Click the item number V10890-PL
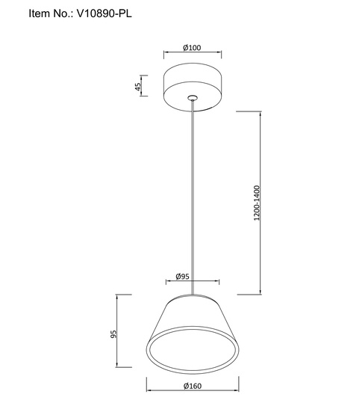click(x=104, y=13)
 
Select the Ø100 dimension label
click(x=192, y=48)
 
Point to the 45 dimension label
click(x=137, y=87)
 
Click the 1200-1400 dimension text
click(x=256, y=203)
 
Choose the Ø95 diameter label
click(x=183, y=277)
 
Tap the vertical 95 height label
click(x=113, y=334)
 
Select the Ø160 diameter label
click(x=193, y=386)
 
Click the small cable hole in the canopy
click(x=192, y=97)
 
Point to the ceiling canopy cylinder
click(x=193, y=87)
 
